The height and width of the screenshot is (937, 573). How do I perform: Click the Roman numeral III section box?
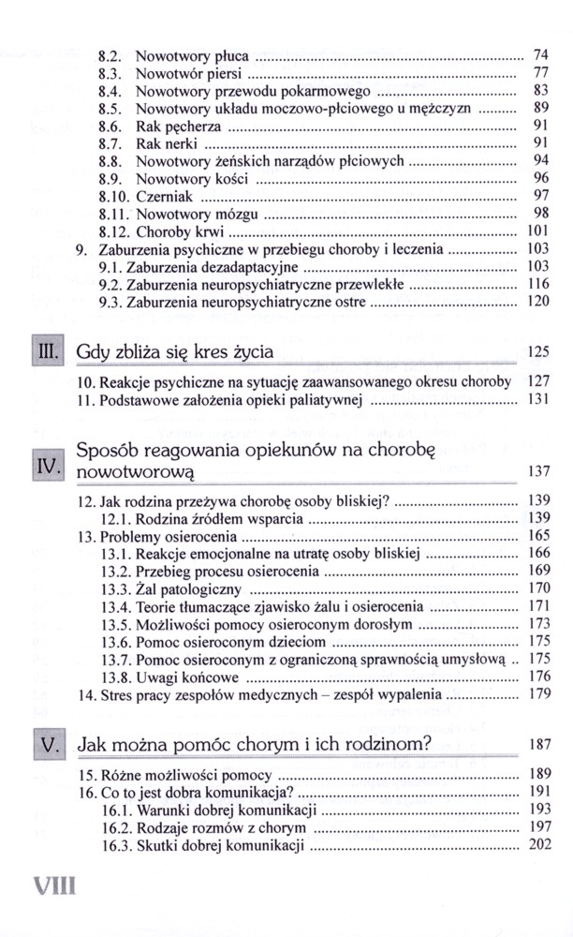48,352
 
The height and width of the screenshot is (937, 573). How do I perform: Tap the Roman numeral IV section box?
48,466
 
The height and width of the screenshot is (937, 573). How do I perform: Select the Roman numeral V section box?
48,746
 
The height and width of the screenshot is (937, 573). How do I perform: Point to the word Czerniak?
165,196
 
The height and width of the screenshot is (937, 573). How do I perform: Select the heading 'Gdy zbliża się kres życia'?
175,352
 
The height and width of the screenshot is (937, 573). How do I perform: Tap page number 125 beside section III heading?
537,353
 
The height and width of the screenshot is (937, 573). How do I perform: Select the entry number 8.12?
114,231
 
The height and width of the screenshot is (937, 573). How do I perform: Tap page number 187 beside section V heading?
537,747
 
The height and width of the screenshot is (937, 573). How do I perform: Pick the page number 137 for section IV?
537,470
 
